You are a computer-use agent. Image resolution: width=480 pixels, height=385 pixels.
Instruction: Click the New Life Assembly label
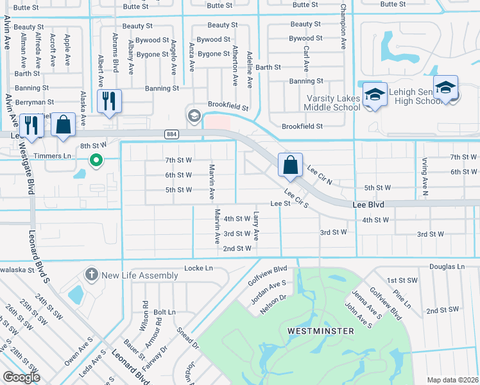(x=140, y=275)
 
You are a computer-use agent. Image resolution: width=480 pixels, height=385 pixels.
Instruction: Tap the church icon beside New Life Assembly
(x=92, y=275)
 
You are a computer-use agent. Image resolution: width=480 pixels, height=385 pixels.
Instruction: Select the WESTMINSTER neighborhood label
(x=321, y=330)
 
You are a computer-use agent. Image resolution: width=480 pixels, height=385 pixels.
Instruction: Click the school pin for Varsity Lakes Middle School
(x=375, y=94)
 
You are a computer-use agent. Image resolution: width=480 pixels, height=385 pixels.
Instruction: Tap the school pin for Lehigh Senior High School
(x=445, y=88)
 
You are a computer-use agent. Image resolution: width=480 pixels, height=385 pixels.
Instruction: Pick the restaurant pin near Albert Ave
(x=108, y=101)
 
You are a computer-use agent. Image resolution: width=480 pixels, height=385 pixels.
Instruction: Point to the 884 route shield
(x=171, y=134)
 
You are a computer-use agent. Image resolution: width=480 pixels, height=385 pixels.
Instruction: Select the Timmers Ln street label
(x=53, y=156)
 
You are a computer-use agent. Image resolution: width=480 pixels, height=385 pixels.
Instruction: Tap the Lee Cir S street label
(x=297, y=199)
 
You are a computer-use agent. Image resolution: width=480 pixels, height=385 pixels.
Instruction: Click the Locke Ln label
(x=198, y=268)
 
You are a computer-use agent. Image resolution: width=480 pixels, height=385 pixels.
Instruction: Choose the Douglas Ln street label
(x=447, y=266)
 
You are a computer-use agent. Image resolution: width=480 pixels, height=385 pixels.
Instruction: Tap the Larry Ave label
(x=256, y=226)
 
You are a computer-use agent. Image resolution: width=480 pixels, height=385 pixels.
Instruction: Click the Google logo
(x=22, y=377)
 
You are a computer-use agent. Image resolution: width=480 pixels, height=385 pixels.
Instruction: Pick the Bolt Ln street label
(x=165, y=312)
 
